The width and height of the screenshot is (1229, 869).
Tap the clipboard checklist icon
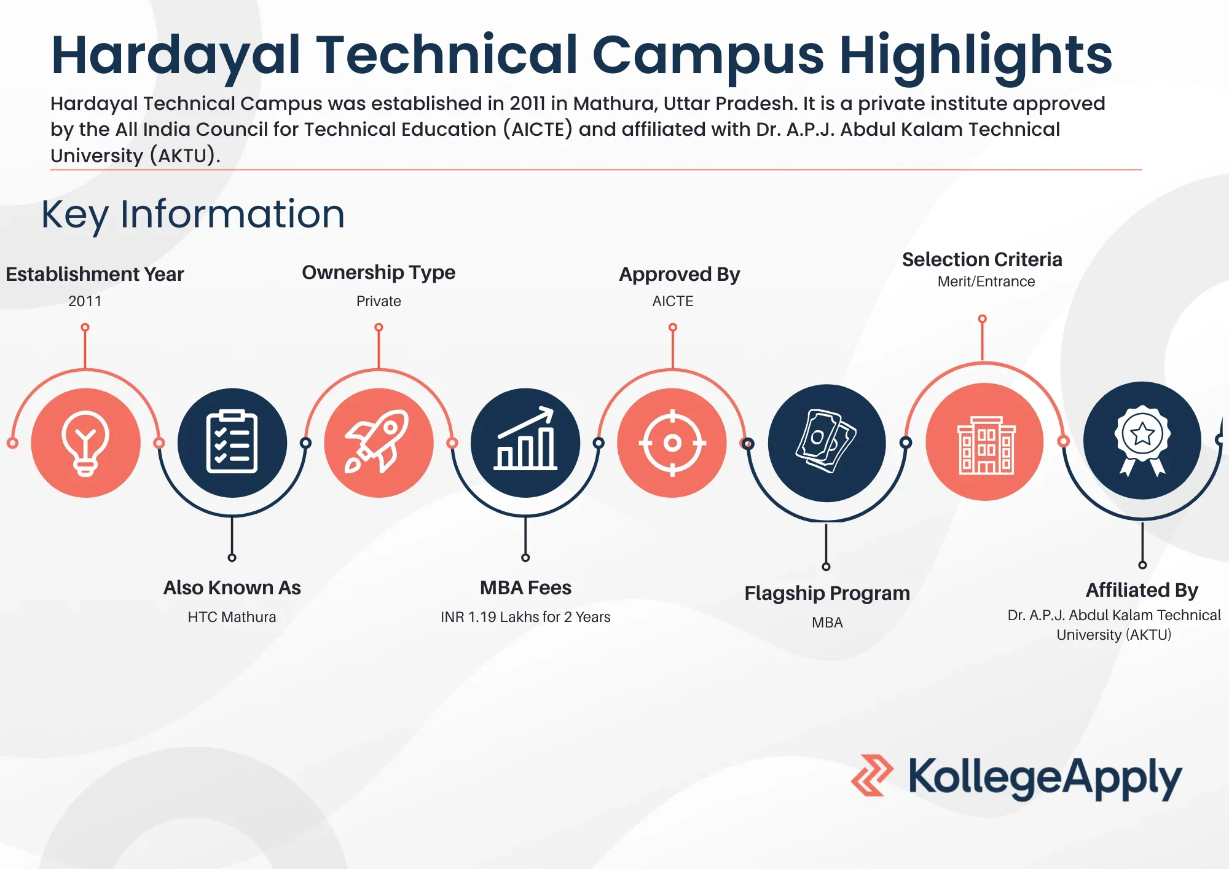[232, 441]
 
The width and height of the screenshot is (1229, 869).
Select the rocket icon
[377, 441]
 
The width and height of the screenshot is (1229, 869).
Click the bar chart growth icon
[525, 439]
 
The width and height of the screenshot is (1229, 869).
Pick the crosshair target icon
[672, 442]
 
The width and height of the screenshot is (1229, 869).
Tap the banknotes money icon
[826, 441]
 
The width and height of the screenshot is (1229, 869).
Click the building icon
[986, 445]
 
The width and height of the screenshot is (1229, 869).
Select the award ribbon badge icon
[1142, 440]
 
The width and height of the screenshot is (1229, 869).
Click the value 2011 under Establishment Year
[85, 301]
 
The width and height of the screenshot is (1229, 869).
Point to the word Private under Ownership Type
[379, 301]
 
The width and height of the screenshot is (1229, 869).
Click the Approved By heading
[679, 274]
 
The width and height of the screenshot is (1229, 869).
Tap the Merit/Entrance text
[986, 281]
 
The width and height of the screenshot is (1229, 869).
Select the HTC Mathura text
[232, 617]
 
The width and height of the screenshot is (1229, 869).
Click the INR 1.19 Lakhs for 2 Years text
[525, 617]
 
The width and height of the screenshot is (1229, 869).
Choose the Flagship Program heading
[827, 593]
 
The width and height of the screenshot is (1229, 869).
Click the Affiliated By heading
[1142, 590]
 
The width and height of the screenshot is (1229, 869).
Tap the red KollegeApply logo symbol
[872, 776]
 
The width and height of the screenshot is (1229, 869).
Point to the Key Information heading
[193, 215]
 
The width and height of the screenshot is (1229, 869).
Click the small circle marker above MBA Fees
[525, 557]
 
